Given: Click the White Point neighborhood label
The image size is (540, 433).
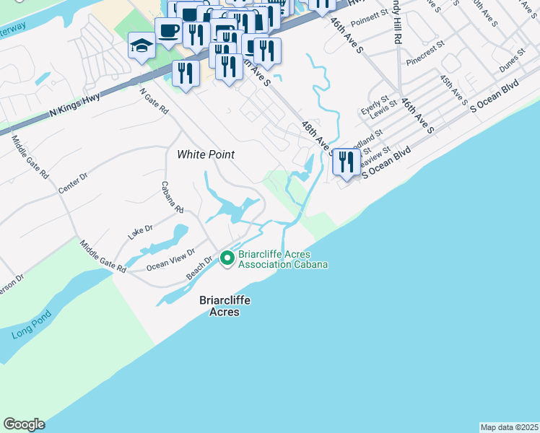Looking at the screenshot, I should (x=206, y=154).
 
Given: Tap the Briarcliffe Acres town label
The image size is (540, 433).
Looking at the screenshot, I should (x=219, y=305).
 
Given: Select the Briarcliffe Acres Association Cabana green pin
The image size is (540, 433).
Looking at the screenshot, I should (x=227, y=258).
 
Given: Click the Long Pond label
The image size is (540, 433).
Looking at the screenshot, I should (x=28, y=333).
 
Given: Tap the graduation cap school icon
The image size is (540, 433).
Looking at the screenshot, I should (x=141, y=46).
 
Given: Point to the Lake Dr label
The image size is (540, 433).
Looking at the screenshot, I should (x=140, y=232).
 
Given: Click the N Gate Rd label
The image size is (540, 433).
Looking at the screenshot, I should (x=154, y=102).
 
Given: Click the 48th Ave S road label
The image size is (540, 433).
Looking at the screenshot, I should (x=318, y=138).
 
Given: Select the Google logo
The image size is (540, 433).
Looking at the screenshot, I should (x=24, y=424).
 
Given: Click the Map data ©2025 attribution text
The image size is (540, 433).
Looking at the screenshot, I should (x=509, y=427).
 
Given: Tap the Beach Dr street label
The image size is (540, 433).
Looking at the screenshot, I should (x=199, y=268).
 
